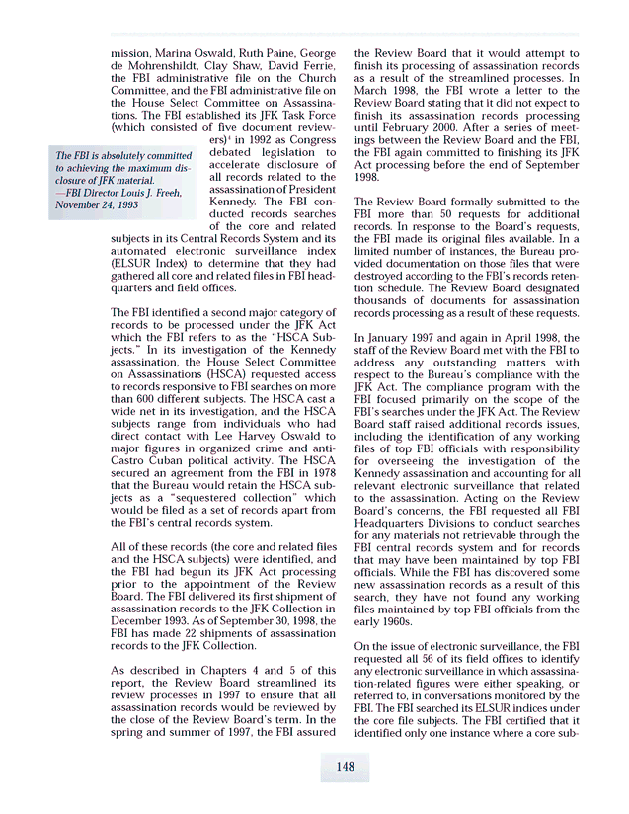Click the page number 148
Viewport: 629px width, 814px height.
tap(345, 767)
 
